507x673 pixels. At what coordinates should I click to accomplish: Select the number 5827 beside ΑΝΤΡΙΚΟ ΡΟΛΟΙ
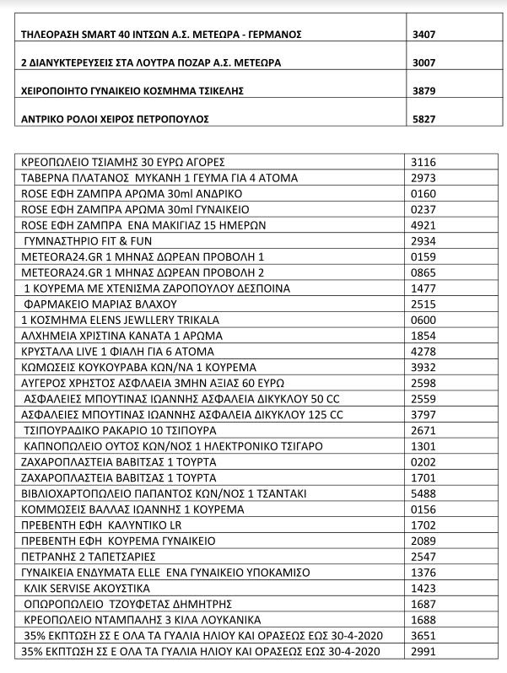(422, 120)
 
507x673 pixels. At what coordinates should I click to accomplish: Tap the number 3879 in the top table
(422, 91)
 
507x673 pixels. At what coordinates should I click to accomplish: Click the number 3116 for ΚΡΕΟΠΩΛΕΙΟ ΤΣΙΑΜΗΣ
(422, 160)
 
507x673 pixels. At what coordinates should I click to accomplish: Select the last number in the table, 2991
(422, 653)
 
